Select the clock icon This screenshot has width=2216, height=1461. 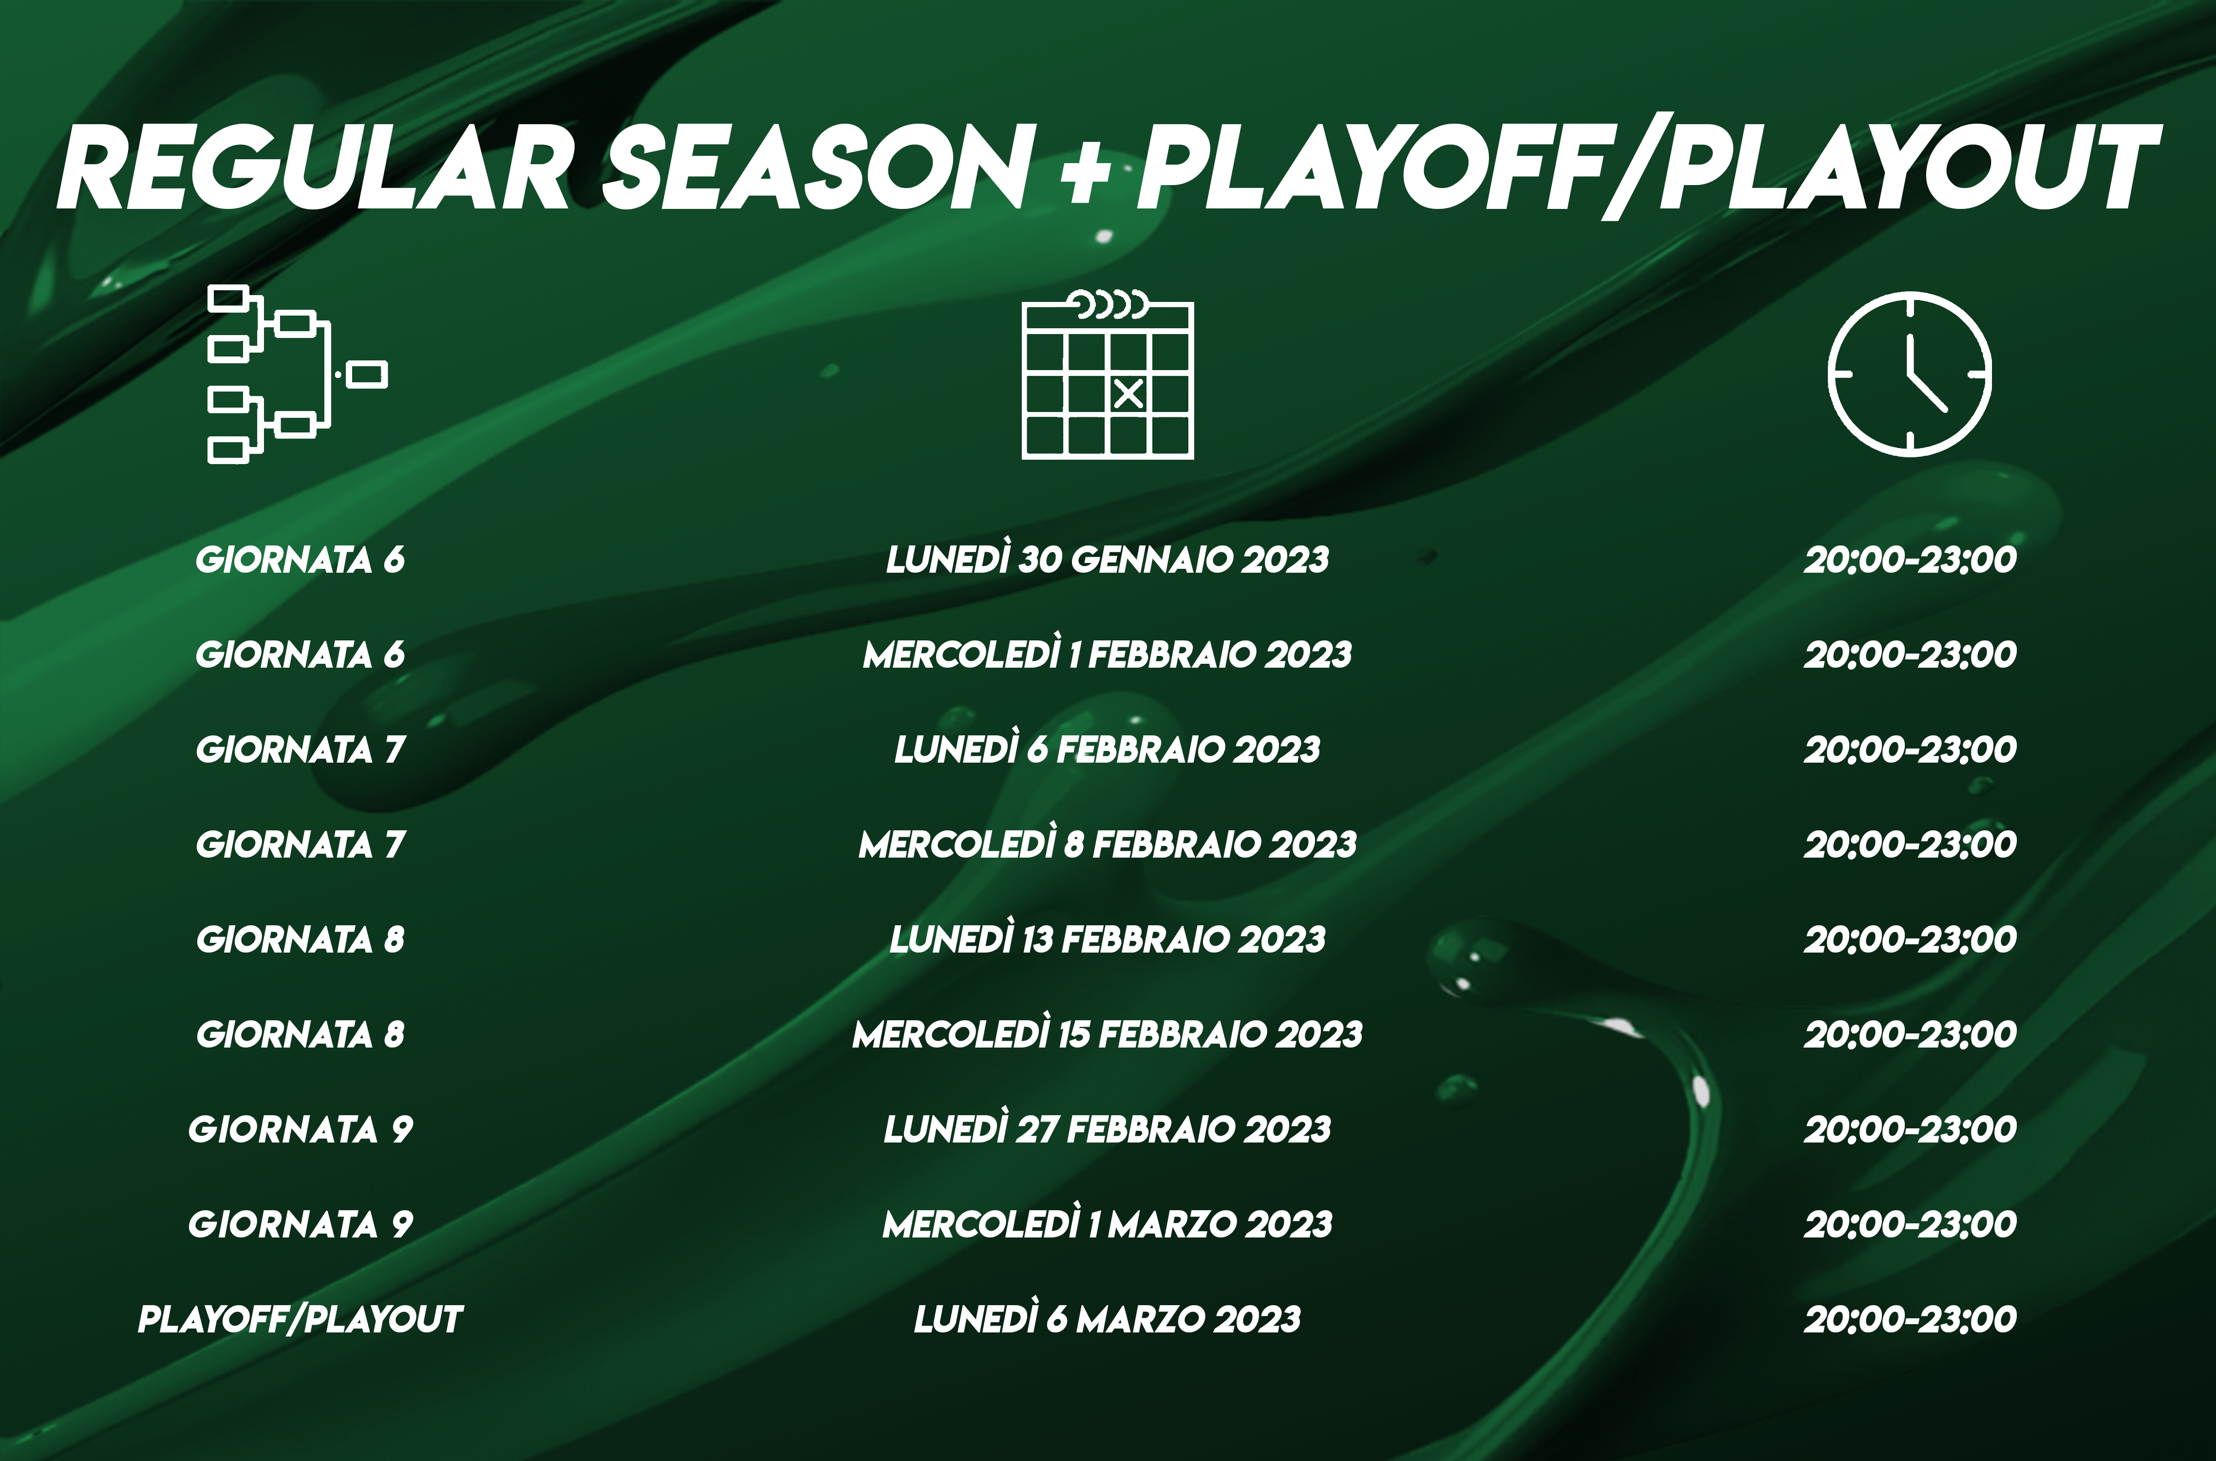(1910, 374)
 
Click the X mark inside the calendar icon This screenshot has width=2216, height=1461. (1128, 394)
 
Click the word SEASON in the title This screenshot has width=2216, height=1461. (817, 169)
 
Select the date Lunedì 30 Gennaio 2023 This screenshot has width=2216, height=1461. (1107, 559)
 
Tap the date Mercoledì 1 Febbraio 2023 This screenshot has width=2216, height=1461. (1107, 654)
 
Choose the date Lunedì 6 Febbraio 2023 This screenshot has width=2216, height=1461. (1107, 749)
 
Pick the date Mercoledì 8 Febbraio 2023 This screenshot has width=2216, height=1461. (1107, 844)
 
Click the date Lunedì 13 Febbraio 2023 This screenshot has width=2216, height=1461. (1107, 939)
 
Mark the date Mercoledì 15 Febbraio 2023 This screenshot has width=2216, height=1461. (1107, 1034)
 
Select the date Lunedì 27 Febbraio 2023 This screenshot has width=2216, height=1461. (1107, 1129)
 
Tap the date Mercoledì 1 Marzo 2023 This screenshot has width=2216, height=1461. (1107, 1224)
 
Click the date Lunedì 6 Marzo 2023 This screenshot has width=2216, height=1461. (1107, 1319)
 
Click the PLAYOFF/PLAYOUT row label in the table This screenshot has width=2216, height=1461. (300, 1319)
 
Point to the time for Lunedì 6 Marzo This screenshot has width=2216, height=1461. (1910, 1319)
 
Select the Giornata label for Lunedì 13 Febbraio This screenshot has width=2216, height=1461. (300, 939)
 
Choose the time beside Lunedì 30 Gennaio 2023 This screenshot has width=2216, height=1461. (1910, 559)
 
